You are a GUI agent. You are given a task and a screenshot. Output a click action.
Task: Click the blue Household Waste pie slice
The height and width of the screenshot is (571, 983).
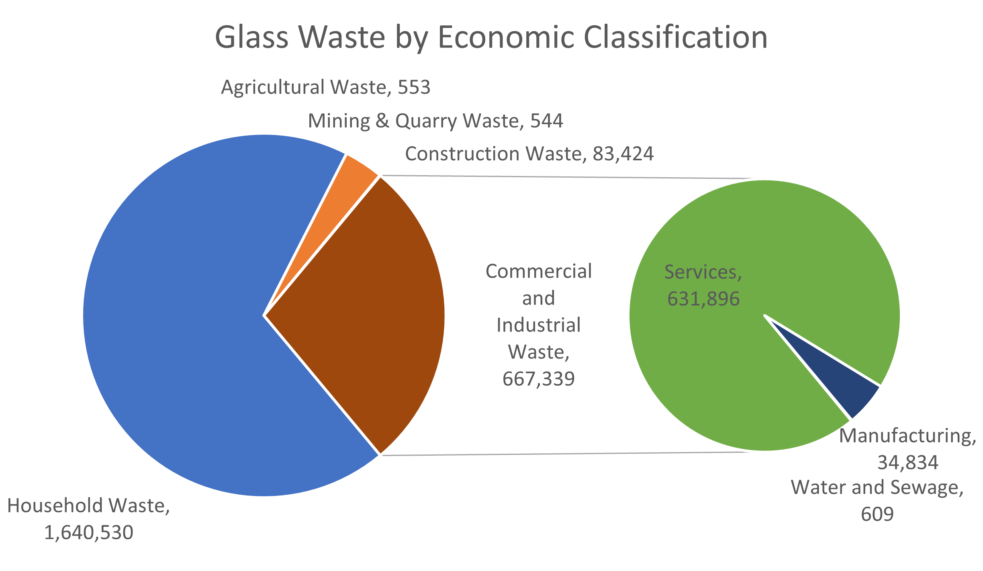pos(181,321)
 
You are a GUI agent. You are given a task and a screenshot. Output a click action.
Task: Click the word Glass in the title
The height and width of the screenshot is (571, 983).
pos(251,37)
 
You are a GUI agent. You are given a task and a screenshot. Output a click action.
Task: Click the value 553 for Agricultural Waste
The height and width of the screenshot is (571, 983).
pos(414,87)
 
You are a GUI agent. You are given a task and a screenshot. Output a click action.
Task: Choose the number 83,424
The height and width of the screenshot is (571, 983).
pos(623,154)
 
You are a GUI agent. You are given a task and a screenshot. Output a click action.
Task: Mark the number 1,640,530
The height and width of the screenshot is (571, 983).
pos(89,533)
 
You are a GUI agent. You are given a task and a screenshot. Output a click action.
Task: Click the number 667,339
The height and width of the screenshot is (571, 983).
pos(539,379)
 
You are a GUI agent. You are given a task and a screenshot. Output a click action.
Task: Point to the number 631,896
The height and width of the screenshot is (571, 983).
pos(703,299)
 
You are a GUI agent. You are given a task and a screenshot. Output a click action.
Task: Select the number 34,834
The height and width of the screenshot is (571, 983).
pos(908,463)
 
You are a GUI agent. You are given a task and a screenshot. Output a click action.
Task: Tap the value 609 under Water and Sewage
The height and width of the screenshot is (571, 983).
pos(877,514)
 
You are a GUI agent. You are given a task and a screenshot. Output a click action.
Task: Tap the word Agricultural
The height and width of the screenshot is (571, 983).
pos(273,87)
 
